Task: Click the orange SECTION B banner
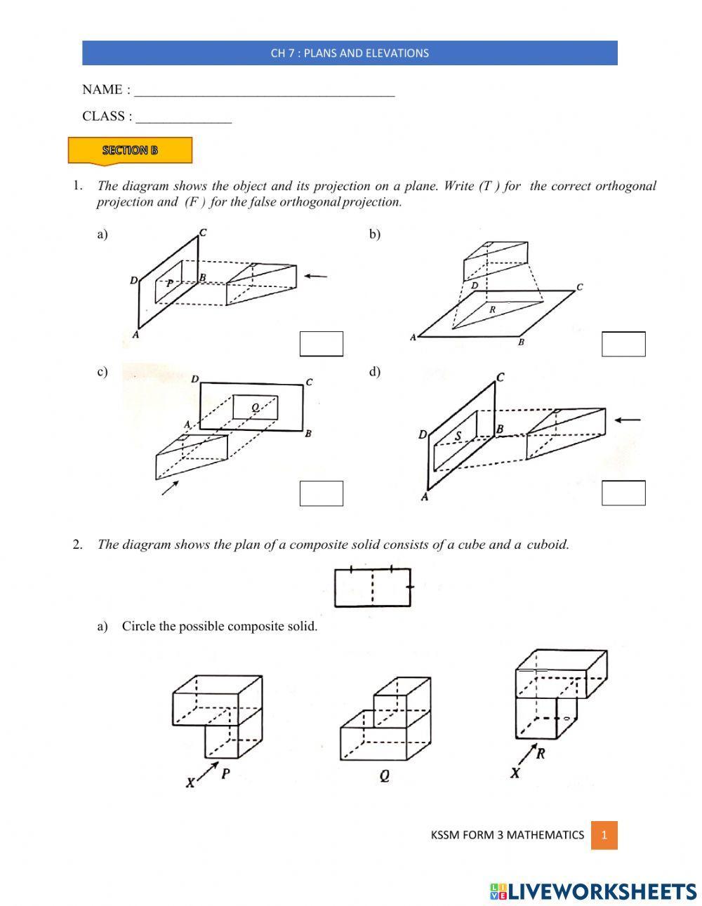tap(130, 150)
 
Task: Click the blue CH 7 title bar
tap(350, 53)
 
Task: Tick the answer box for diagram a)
tap(322, 344)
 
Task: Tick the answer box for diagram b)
tap(623, 344)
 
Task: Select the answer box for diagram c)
tap(322, 493)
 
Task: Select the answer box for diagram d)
tap(623, 493)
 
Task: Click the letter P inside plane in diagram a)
tap(169, 284)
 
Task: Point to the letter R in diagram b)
tap(493, 309)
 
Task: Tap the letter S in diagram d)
tap(458, 437)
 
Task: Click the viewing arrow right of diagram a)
tap(315, 276)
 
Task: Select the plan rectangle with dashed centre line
tap(373, 587)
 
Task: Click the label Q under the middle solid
tap(385, 776)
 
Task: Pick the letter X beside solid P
tap(190, 782)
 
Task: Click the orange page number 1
tap(604, 835)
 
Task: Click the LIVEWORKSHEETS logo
tap(593, 891)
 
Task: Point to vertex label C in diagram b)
tap(579, 287)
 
